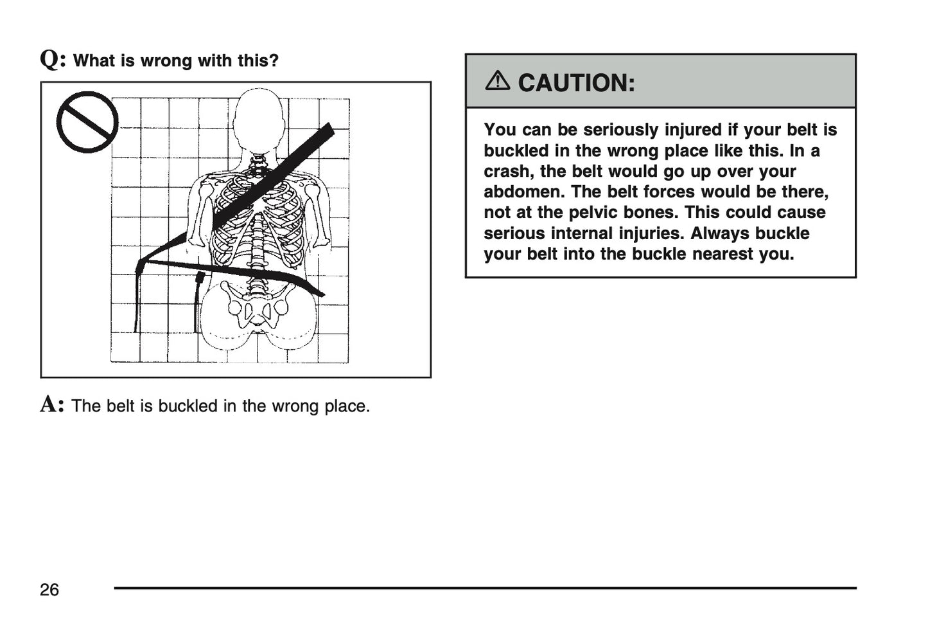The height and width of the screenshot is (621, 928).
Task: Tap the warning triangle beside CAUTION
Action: point(497,81)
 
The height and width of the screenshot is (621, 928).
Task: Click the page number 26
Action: point(49,589)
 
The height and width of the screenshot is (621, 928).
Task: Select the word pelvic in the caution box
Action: point(595,213)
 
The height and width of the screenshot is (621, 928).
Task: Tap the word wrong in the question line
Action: point(166,60)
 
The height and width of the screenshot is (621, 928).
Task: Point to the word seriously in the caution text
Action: point(620,130)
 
